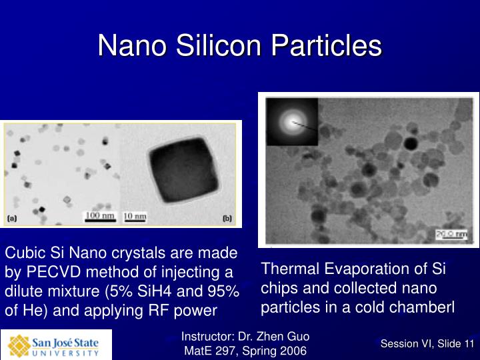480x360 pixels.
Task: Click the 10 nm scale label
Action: tap(135, 216)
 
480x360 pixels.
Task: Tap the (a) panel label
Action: tap(13, 218)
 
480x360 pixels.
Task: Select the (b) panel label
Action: tap(227, 218)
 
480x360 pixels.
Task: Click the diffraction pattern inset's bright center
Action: tap(291, 121)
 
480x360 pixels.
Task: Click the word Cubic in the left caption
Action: tap(23, 253)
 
